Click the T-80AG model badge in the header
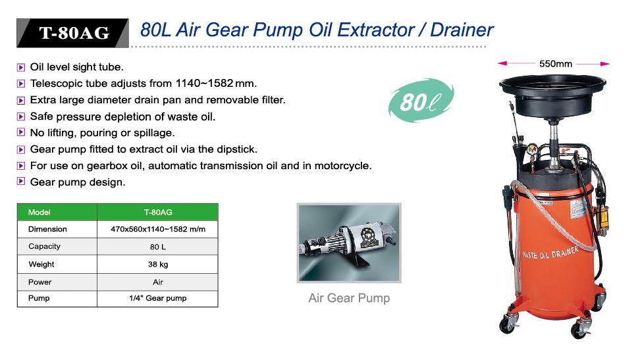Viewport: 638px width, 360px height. pos(73,33)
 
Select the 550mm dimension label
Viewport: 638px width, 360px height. pos(556,64)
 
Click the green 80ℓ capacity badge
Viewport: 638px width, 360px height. pos(421,100)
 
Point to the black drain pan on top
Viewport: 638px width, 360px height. pos(552,95)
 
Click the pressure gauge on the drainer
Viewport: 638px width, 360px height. pos(532,149)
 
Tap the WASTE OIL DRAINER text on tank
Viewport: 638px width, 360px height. pos(550,253)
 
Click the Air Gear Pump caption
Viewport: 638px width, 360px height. pos(349,297)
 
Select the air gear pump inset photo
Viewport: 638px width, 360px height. pos(349,243)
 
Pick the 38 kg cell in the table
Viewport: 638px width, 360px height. pos(158,265)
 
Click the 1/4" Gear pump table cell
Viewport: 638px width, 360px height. pos(158,298)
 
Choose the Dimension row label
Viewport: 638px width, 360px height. pos(47,229)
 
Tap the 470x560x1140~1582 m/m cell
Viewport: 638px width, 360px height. pos(158,230)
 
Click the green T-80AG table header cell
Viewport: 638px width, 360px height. pos(158,212)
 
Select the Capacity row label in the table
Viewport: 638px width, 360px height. pos(44,247)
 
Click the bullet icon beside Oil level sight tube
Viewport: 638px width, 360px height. pos(21,67)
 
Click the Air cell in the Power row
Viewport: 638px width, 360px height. pos(158,282)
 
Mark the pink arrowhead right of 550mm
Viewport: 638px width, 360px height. pos(605,64)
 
